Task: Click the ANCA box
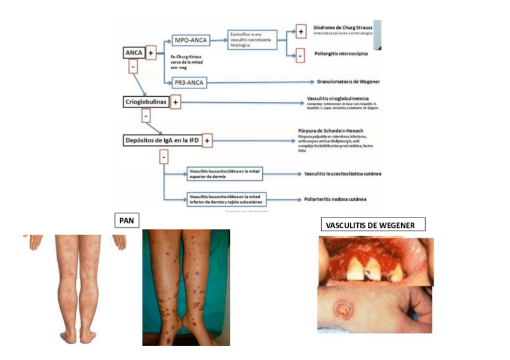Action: pyautogui.click(x=133, y=52)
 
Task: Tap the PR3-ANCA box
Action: pyautogui.click(x=189, y=82)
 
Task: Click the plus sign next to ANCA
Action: pyautogui.click(x=150, y=53)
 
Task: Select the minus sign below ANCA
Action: pyautogui.click(x=132, y=67)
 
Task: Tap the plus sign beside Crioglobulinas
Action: pyautogui.click(x=176, y=103)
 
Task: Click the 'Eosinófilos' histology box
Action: pyautogui.click(x=252, y=40)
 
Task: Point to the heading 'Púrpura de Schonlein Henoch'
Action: pyautogui.click(x=330, y=131)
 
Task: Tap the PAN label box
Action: pyautogui.click(x=126, y=221)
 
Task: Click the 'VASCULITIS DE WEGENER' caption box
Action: pyautogui.click(x=373, y=225)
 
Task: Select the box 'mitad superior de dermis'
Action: pyautogui.click(x=226, y=174)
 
